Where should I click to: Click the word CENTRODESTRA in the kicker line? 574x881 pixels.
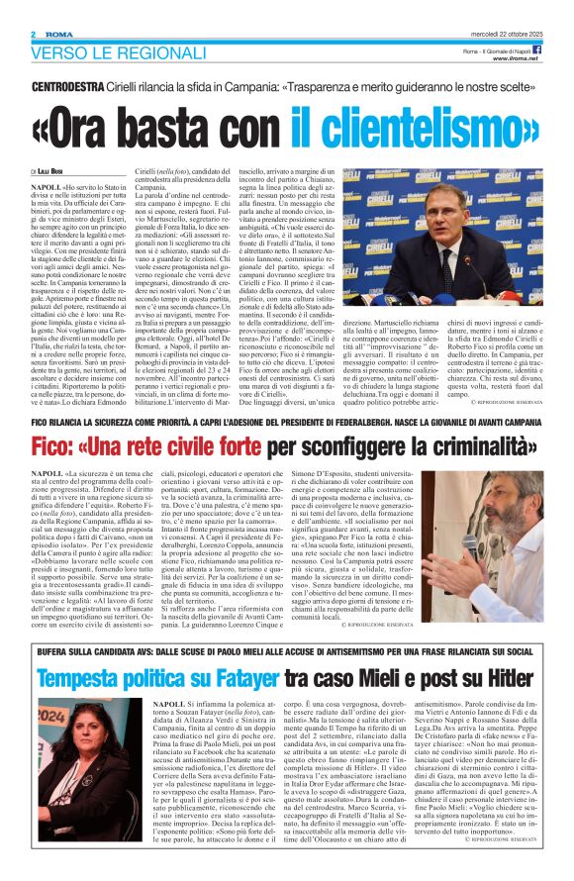[68, 88]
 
